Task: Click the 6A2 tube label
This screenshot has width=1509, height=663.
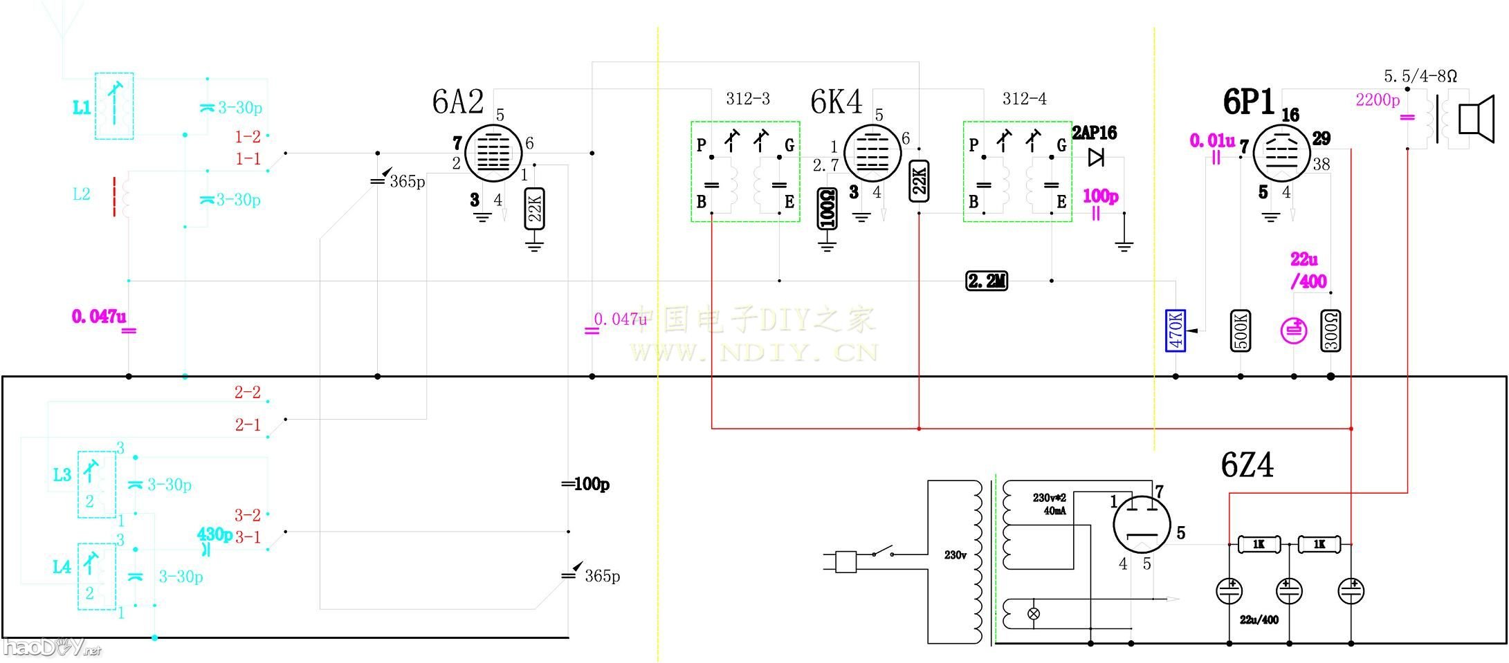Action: (x=457, y=102)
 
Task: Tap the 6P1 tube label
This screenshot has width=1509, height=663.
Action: (x=1248, y=103)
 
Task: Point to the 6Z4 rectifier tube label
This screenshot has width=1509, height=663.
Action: (x=1247, y=465)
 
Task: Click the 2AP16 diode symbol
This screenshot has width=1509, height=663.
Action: (x=1095, y=158)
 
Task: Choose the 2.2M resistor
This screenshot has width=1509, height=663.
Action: (x=987, y=281)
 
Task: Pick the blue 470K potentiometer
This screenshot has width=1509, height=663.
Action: (x=1176, y=330)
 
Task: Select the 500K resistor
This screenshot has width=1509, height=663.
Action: (x=1241, y=330)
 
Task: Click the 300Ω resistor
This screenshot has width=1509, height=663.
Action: (x=1330, y=330)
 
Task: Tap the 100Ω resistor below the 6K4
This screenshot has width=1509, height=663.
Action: (x=827, y=208)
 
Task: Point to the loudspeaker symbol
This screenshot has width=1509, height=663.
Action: (x=1474, y=118)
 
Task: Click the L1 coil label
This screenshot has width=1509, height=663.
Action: (x=82, y=107)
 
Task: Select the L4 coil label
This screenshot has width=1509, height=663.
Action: (x=62, y=567)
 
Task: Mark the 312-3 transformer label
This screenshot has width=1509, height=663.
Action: (x=747, y=99)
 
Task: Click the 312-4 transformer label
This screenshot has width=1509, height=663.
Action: (x=1024, y=99)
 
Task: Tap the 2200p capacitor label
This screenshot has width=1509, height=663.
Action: (x=1377, y=100)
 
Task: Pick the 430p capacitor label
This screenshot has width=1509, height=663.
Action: (x=214, y=534)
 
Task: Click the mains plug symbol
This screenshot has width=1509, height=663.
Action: (x=845, y=561)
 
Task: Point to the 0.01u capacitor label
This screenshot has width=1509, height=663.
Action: (x=1211, y=141)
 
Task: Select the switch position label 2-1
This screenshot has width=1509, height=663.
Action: (x=247, y=424)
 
